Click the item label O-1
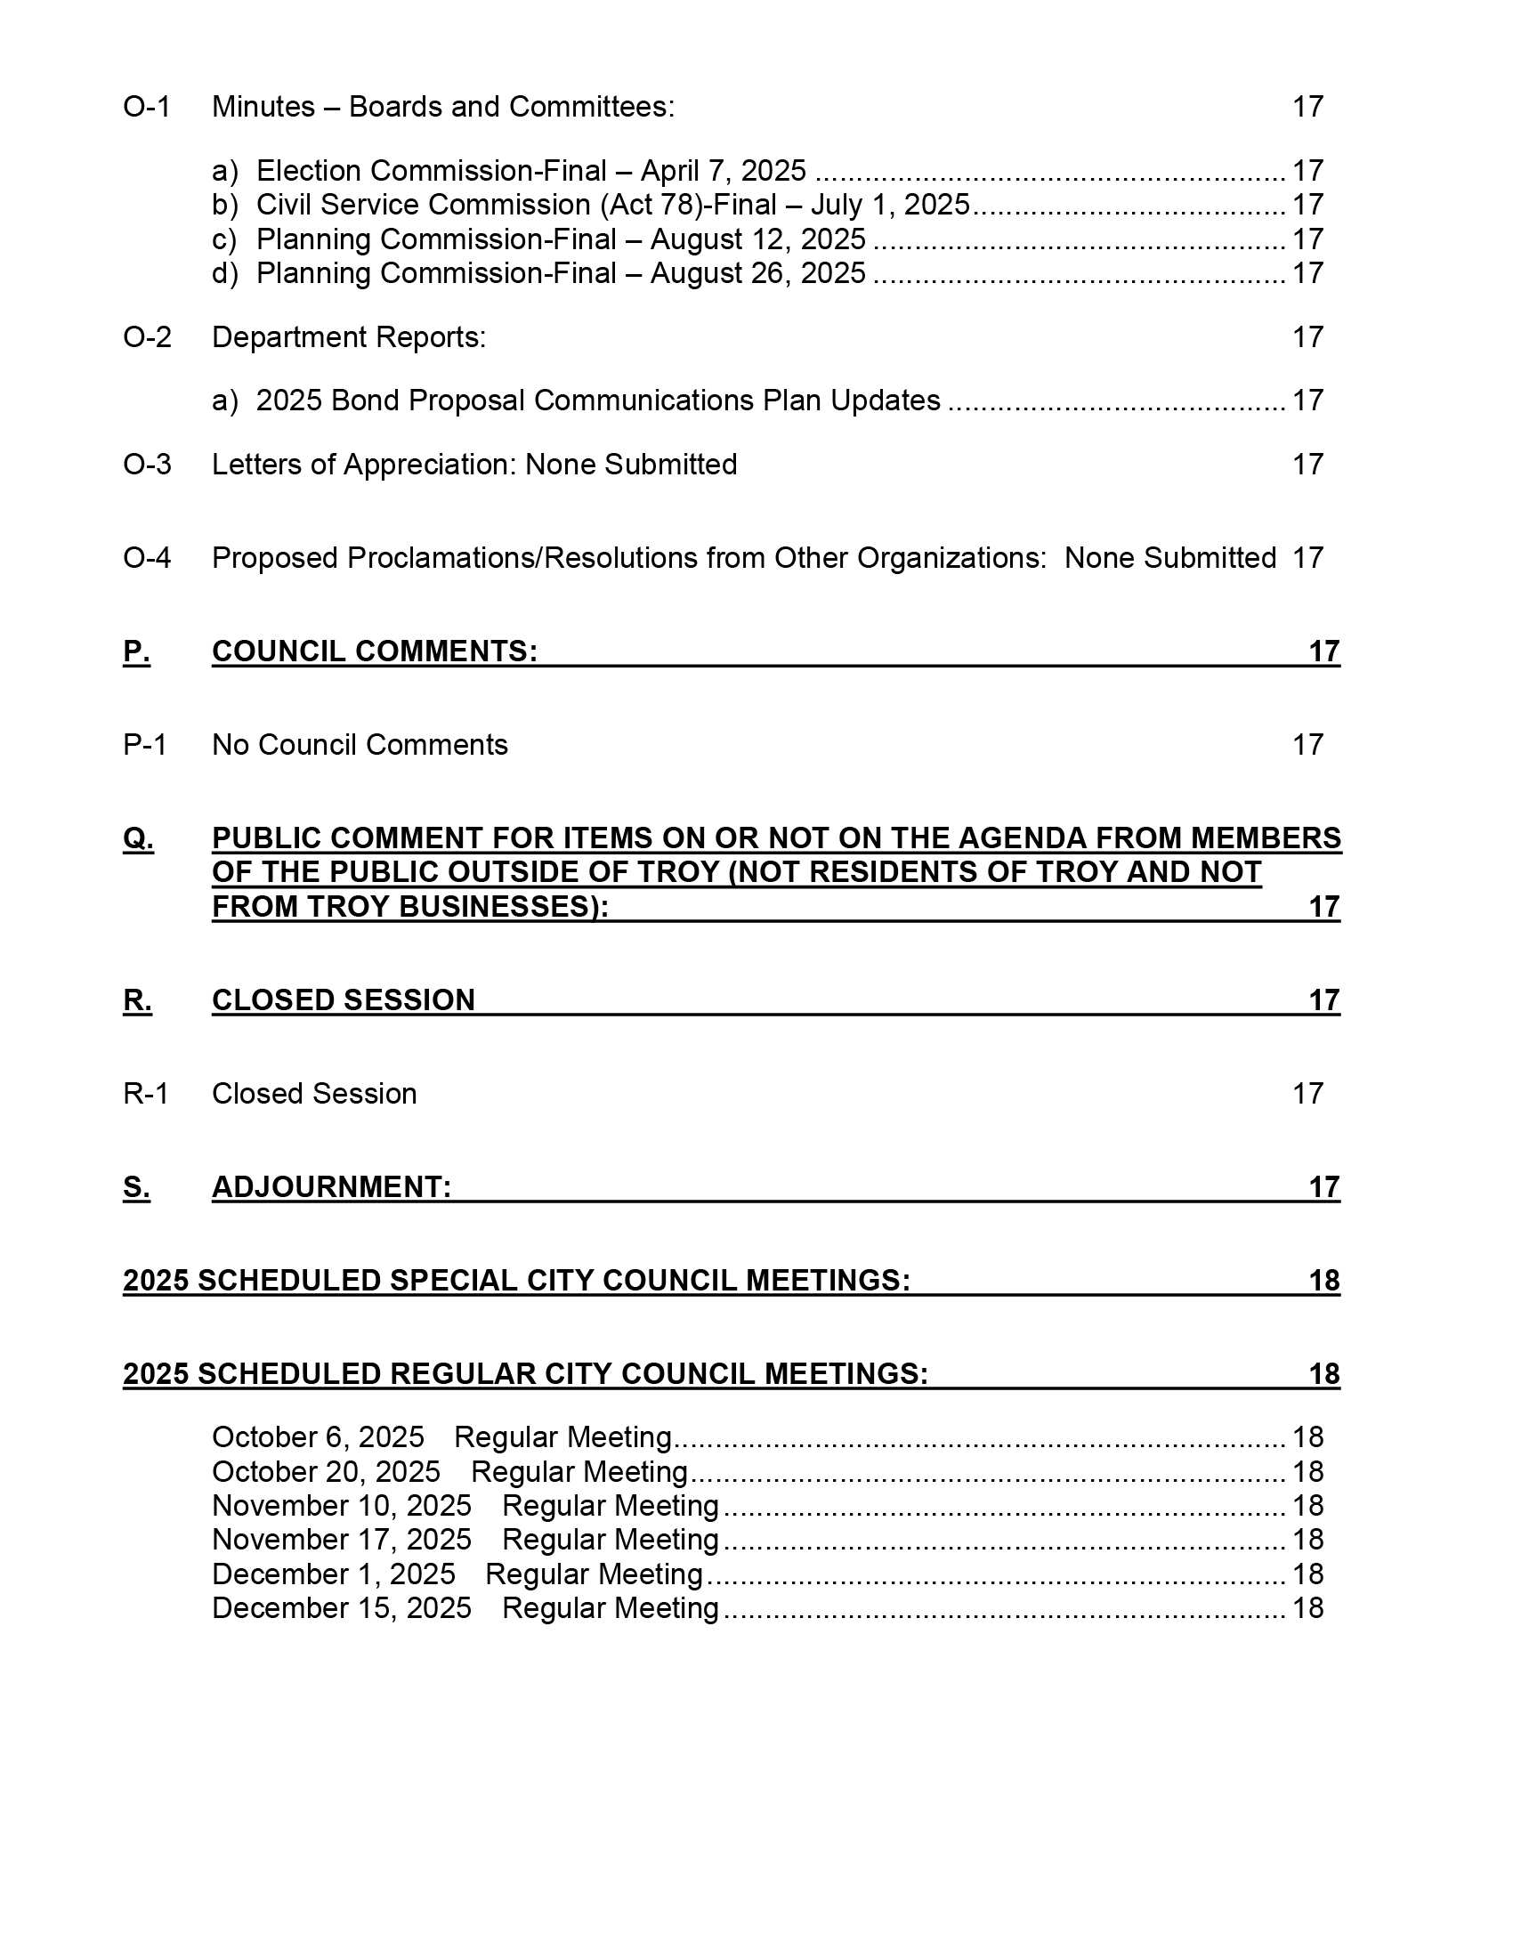[x=146, y=108]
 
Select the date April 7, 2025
[x=723, y=171]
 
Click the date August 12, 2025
[x=757, y=240]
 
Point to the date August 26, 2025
[x=757, y=273]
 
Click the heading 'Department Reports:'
[x=349, y=338]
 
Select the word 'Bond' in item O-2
[x=365, y=400]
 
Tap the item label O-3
[x=147, y=465]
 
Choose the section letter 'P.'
[x=136, y=651]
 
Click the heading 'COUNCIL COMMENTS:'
[x=375, y=651]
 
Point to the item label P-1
[x=145, y=745]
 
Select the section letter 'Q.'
[x=138, y=838]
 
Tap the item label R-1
[x=145, y=1094]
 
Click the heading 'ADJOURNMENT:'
[x=332, y=1187]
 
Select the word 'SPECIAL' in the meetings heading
[x=454, y=1280]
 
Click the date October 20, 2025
[x=327, y=1472]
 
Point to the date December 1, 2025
[x=334, y=1574]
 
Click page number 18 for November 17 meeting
[x=1307, y=1541]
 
